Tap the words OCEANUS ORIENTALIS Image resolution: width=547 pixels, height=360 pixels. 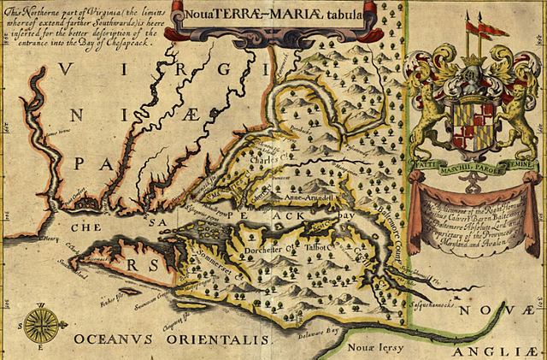click(x=172, y=339)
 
